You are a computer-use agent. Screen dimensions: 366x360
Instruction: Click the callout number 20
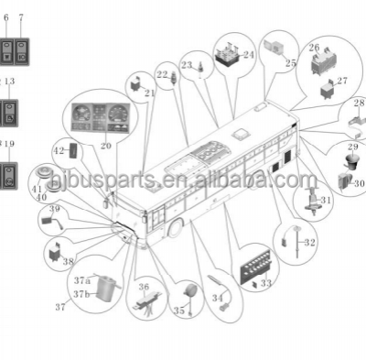(x=106, y=145)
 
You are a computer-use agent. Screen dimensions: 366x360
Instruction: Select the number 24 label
(x=249, y=54)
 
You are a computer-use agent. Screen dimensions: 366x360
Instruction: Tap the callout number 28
(x=358, y=103)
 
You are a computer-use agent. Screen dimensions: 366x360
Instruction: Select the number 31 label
(x=326, y=199)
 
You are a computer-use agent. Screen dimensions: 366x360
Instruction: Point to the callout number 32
(x=310, y=242)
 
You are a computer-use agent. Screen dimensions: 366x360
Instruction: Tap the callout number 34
(x=217, y=298)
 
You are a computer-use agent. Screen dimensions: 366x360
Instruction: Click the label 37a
(x=82, y=279)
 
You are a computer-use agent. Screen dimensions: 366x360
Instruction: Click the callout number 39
(x=54, y=208)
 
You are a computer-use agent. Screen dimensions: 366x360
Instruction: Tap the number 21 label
(x=150, y=93)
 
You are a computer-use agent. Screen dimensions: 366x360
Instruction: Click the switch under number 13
(x=9, y=114)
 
